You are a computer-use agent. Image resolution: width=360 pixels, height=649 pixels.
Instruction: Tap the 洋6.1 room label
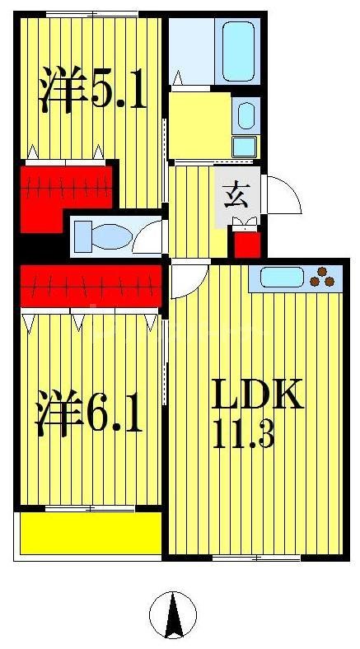tap(89, 414)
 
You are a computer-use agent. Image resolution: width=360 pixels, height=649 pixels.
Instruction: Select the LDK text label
tap(259, 395)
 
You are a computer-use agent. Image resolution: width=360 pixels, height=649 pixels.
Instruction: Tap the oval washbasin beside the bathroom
tap(245, 114)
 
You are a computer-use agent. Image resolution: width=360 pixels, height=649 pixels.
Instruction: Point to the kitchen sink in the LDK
tap(282, 278)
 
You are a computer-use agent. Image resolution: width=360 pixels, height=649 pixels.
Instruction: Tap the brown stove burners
tap(324, 278)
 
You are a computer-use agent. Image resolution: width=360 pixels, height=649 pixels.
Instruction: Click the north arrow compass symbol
tap(173, 614)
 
